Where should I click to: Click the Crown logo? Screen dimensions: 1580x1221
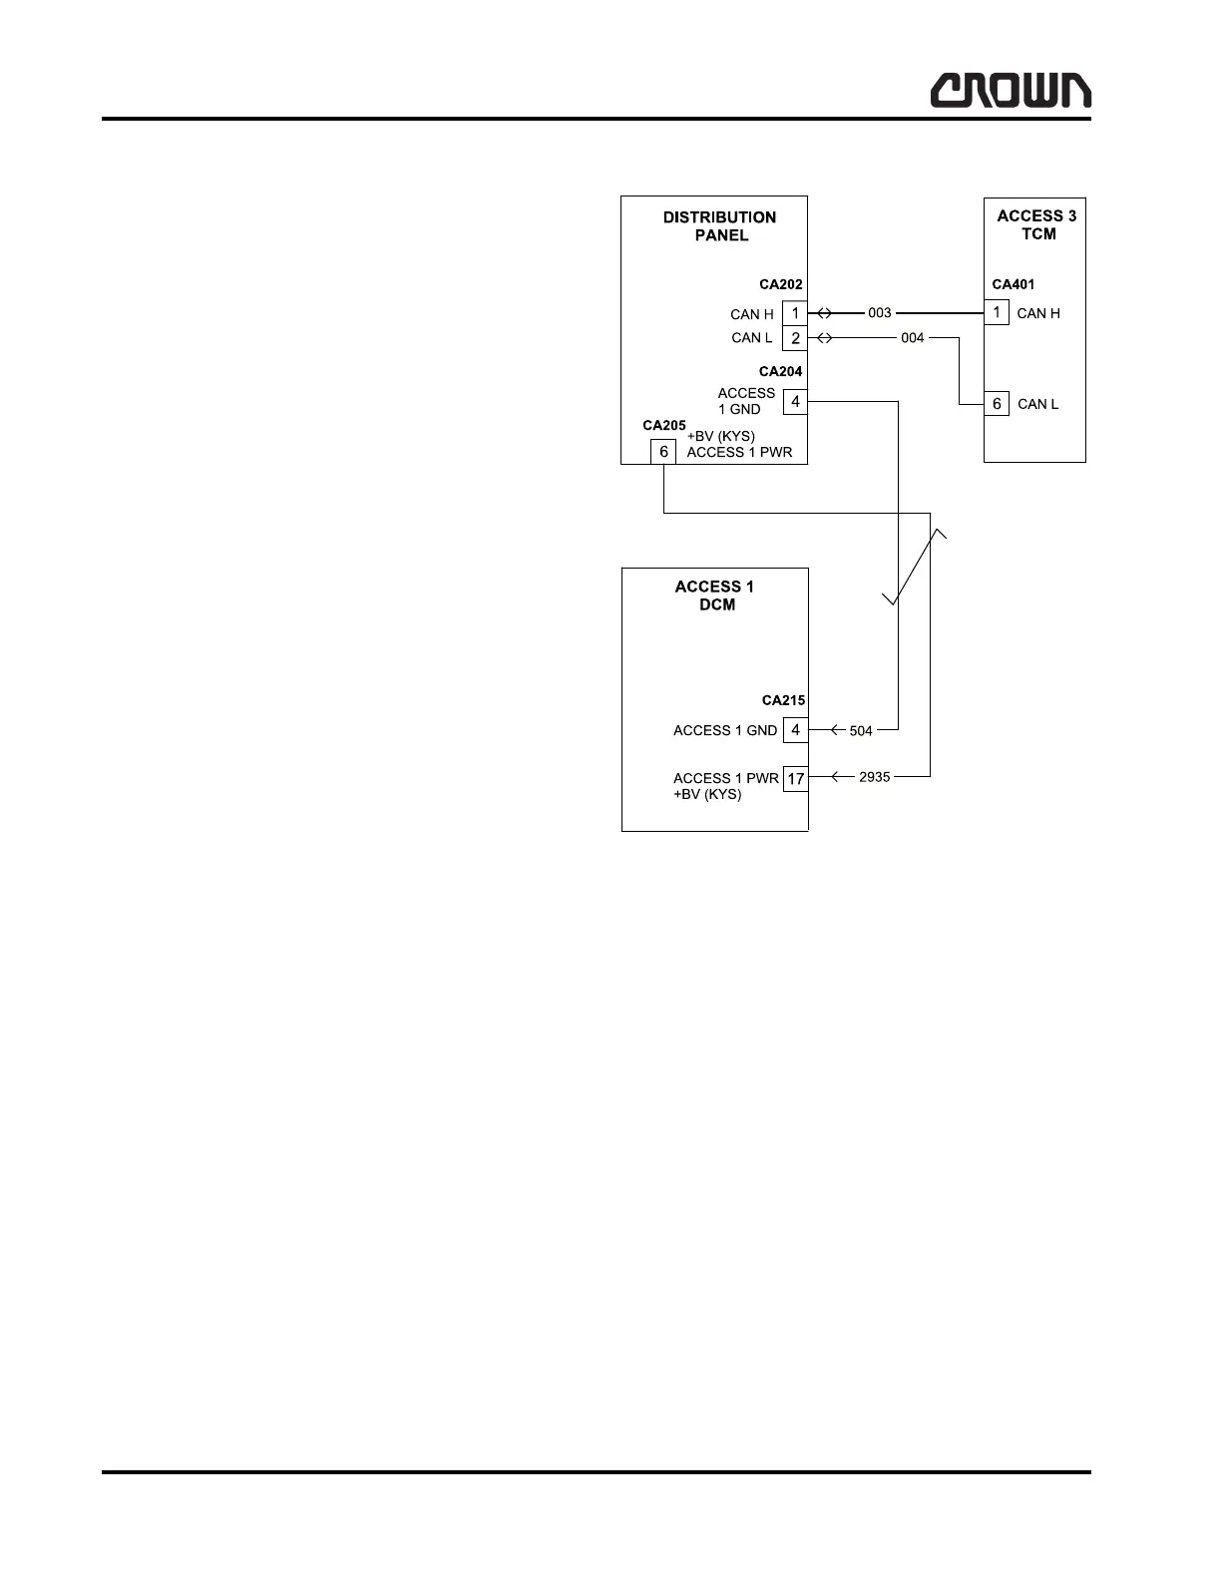pos(1011,91)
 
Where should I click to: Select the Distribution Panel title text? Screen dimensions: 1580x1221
pos(719,226)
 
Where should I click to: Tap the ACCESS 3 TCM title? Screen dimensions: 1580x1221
pos(1036,224)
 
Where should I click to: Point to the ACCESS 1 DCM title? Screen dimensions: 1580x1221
pos(715,595)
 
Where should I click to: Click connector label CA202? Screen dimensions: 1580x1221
pos(780,284)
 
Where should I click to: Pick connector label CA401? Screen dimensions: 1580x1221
pos(1013,284)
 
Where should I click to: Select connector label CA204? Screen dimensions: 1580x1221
pos(780,372)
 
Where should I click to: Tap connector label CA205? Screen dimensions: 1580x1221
pos(663,426)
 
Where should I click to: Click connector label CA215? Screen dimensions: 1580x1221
pos(783,700)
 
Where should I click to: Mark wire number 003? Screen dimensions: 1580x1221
pos(879,313)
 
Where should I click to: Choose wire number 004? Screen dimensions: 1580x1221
pos(912,338)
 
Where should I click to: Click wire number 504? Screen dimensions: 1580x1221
pos(861,731)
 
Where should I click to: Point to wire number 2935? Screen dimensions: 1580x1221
pos(874,777)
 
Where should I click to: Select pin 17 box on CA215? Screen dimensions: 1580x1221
pos(795,778)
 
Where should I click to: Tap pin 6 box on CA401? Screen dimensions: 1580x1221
pos(997,404)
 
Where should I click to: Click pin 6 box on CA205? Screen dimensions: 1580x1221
pos(663,452)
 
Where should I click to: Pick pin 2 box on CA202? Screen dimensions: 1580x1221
pos(795,339)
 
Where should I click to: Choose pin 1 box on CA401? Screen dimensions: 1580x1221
pos(997,313)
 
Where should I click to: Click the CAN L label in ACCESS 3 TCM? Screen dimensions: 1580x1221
pos(1037,404)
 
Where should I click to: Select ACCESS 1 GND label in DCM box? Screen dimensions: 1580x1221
pos(724,731)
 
